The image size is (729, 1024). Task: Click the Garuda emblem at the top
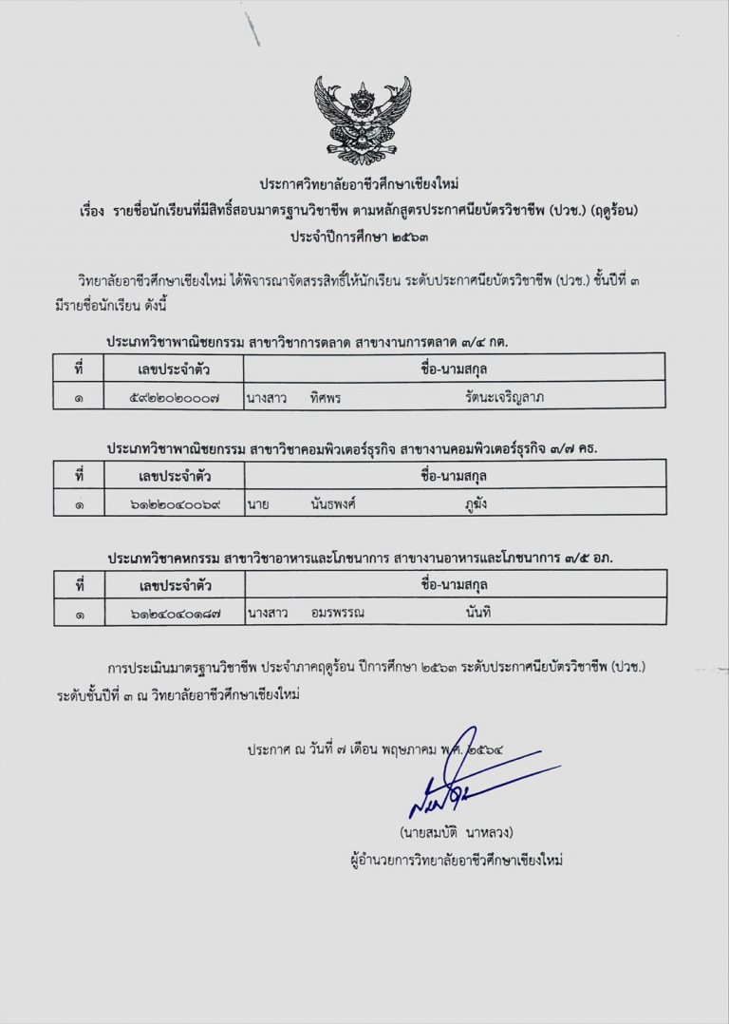(x=363, y=119)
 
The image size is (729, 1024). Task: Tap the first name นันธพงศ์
(x=333, y=503)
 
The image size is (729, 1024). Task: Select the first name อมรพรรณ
(x=337, y=613)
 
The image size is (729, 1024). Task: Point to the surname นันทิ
(x=477, y=613)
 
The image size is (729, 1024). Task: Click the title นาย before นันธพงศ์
(x=257, y=503)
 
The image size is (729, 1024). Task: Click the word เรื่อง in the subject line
(x=98, y=208)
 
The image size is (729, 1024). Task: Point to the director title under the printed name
(x=457, y=861)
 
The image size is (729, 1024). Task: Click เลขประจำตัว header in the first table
(x=175, y=368)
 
